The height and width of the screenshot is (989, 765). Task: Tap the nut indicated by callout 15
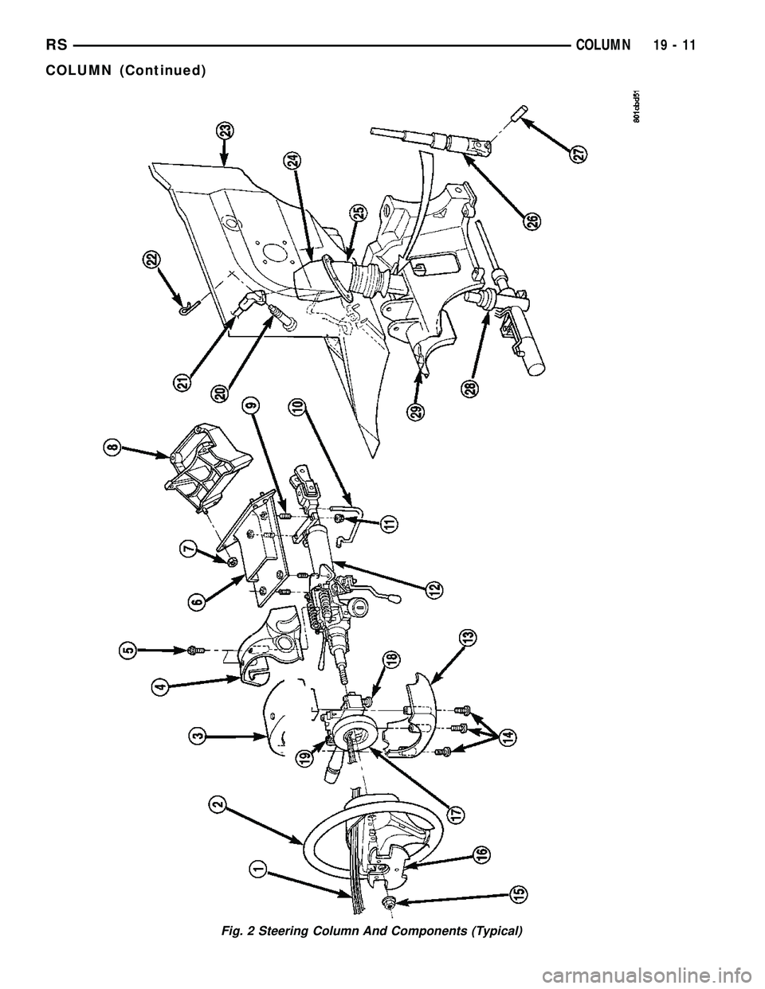coord(390,901)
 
